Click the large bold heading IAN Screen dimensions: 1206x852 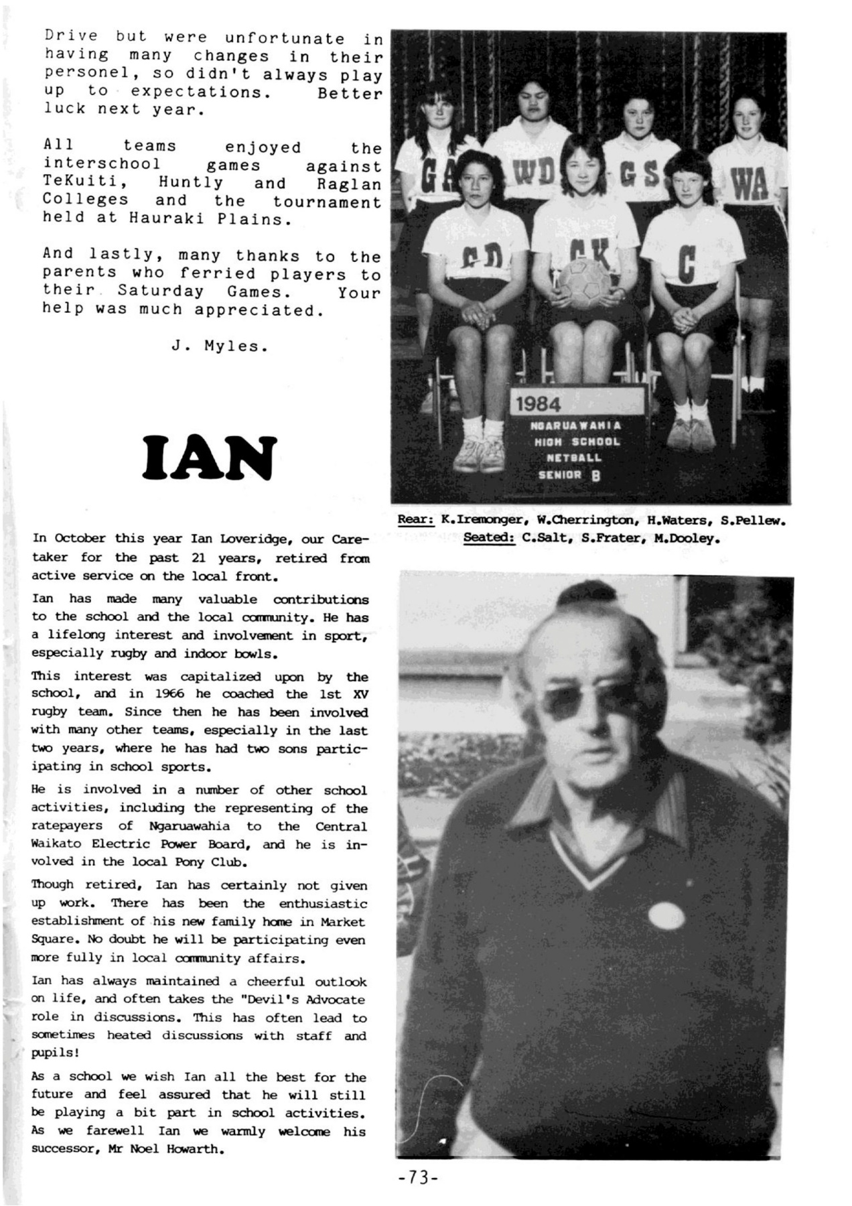click(x=210, y=458)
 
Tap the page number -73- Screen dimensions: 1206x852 click(x=417, y=1177)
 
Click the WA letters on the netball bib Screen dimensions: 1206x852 click(x=750, y=182)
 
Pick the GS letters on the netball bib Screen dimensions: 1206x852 click(x=637, y=176)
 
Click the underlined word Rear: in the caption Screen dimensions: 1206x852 click(x=415, y=519)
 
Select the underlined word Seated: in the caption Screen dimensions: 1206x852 click(x=488, y=537)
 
